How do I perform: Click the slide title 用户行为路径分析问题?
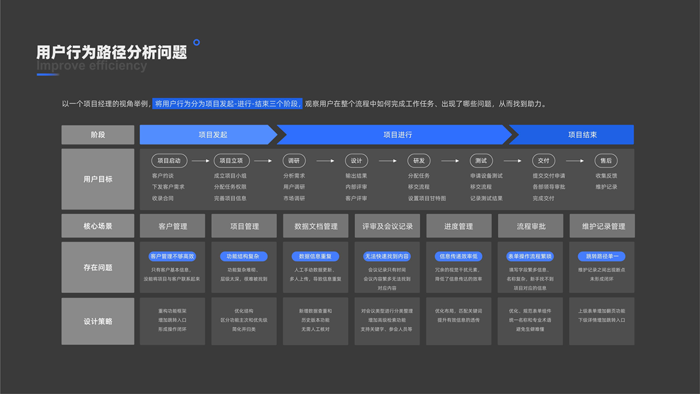pyautogui.click(x=112, y=53)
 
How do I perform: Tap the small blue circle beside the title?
pyautogui.click(x=196, y=43)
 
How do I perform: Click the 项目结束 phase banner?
pyautogui.click(x=582, y=135)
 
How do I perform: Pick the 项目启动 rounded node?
pyautogui.click(x=170, y=161)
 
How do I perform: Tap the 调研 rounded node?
pyautogui.click(x=294, y=161)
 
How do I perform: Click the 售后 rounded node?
pyautogui.click(x=606, y=161)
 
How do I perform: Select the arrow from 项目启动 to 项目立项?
pyautogui.click(x=200, y=161)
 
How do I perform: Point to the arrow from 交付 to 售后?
pyautogui.click(x=575, y=161)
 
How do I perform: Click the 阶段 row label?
pyautogui.click(x=98, y=135)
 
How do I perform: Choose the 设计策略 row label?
pyautogui.click(x=98, y=321)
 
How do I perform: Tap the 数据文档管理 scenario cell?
pyautogui.click(x=316, y=226)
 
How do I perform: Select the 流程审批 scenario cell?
pyautogui.click(x=531, y=226)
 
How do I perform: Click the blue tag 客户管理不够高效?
pyautogui.click(x=173, y=256)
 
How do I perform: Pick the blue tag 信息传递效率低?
pyautogui.click(x=459, y=256)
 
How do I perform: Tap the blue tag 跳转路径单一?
pyautogui.click(x=602, y=256)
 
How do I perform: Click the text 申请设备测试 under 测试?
pyautogui.click(x=486, y=176)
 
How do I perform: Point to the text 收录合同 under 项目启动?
pyautogui.click(x=163, y=198)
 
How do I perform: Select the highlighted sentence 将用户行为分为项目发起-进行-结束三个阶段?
pyautogui.click(x=228, y=104)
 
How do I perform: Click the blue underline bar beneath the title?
pyautogui.click(x=48, y=74)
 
